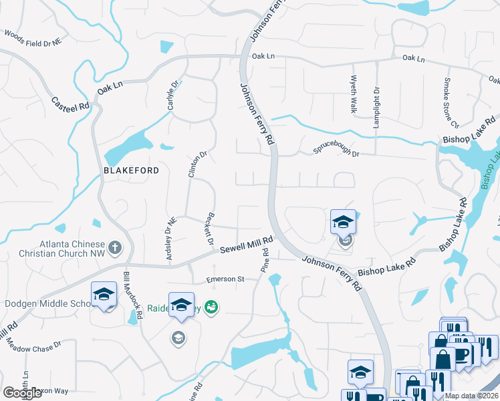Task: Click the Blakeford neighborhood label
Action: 131,170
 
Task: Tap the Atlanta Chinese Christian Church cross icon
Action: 114,249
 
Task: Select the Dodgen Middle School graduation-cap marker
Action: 104,295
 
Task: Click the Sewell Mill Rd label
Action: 247,245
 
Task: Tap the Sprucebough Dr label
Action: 336,152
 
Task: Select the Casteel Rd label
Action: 70,104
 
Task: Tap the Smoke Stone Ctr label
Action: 451,103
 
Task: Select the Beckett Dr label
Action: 205,229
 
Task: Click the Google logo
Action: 22,393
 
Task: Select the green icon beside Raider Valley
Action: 212,307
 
